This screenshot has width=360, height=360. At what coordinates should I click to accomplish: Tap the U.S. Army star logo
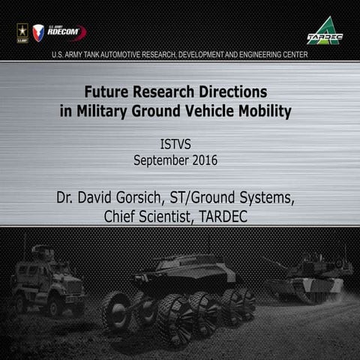22,31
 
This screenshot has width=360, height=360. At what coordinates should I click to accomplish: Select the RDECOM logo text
64,31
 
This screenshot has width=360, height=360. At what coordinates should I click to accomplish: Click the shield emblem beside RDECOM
38,32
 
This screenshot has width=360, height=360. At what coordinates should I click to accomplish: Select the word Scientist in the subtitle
185,217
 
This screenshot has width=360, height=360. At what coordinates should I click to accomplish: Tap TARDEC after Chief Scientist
239,217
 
